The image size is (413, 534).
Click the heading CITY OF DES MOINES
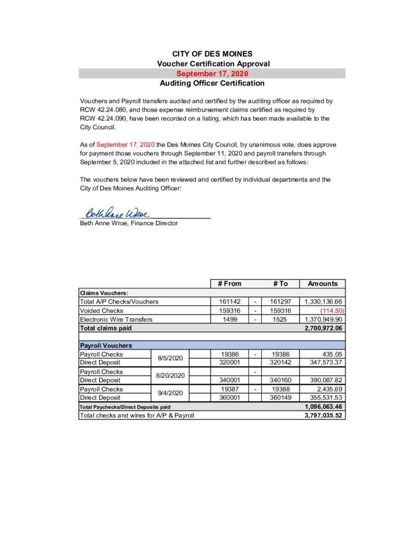(212, 54)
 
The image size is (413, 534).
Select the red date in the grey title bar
(212, 74)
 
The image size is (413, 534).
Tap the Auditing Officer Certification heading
(212, 83)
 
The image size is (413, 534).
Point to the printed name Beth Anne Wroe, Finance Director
(128, 223)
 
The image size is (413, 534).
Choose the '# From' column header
(229, 284)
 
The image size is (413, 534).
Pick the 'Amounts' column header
(323, 284)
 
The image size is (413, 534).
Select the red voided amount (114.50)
(331, 311)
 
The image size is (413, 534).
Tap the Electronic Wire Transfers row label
(116, 319)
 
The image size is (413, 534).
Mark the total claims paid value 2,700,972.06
(323, 328)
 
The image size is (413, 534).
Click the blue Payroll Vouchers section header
(105, 345)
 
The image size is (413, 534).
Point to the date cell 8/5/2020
(170, 358)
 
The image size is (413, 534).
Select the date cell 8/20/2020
(171, 376)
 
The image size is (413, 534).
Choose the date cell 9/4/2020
(170, 393)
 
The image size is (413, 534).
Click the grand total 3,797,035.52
(323, 416)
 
